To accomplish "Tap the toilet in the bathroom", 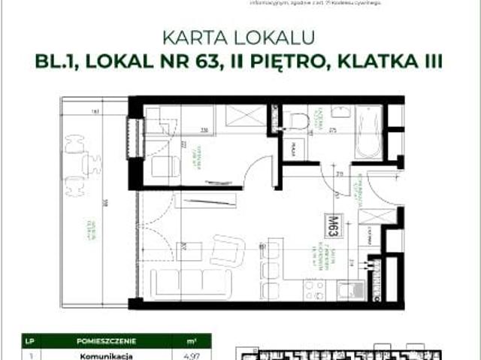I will (298, 121).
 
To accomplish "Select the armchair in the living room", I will (227, 250).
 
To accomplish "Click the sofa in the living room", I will (189, 282).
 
